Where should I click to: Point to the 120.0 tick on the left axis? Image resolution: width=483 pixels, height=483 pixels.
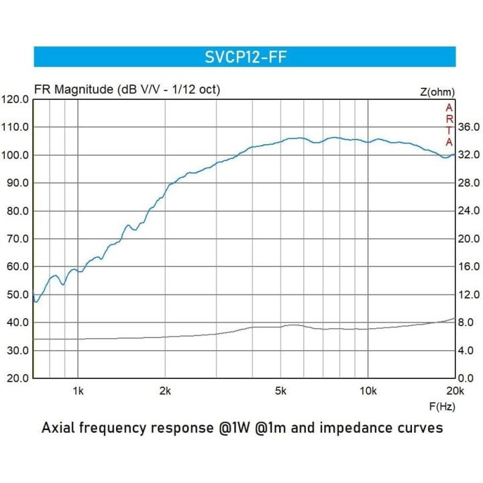click(x=15, y=99)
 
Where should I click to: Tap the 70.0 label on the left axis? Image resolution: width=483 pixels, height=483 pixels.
click(x=15, y=239)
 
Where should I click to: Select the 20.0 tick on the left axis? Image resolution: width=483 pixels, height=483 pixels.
click(x=15, y=378)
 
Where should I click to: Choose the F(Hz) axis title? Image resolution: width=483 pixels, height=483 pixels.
click(x=441, y=407)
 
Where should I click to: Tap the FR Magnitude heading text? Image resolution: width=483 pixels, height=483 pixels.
click(x=127, y=89)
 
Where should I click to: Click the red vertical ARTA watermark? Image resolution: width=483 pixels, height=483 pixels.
click(x=449, y=125)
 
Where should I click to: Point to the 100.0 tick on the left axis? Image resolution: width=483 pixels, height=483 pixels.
click(x=15, y=155)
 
